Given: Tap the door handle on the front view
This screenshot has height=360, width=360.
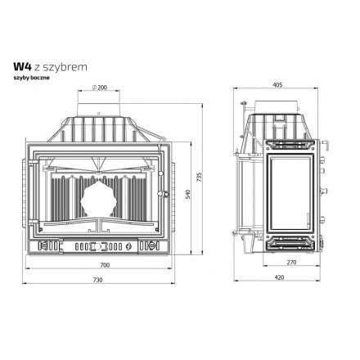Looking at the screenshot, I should [x=167, y=195].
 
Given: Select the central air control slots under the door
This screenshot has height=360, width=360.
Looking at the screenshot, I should [x=101, y=245].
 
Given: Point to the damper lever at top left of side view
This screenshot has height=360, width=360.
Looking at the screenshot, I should [x=245, y=104].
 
